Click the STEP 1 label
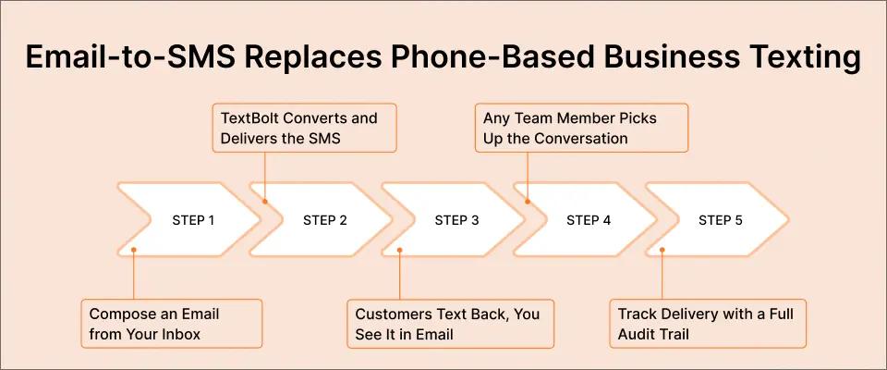click(193, 220)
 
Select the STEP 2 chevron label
click(325, 220)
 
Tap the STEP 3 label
click(457, 220)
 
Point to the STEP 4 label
click(589, 220)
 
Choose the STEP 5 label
click(721, 220)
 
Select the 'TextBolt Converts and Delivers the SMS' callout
click(305, 129)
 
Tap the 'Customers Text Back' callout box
click(450, 323)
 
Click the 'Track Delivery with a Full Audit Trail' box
click(708, 323)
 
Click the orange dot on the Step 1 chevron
click(134, 249)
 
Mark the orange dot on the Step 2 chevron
click(265, 199)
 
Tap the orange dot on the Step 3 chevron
click(399, 249)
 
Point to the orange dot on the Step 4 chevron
click(529, 199)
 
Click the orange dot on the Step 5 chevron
click(662, 249)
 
